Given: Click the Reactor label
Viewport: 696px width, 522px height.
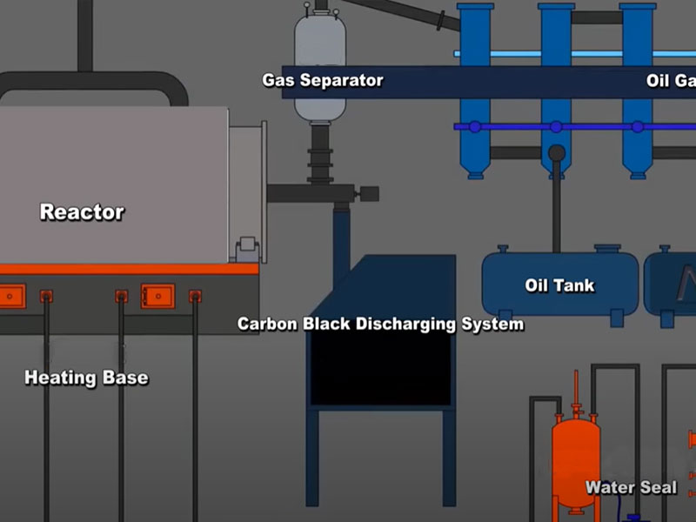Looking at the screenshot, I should [82, 211].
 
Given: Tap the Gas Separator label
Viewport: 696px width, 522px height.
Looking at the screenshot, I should [323, 81].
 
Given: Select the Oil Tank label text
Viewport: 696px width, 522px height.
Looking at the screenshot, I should [559, 284].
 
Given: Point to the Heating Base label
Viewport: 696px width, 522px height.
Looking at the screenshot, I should [86, 378].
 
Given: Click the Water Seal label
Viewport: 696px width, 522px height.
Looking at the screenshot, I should [631, 487].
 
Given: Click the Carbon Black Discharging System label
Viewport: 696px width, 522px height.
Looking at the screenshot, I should [381, 325].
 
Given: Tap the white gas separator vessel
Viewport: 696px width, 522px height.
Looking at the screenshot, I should [320, 52].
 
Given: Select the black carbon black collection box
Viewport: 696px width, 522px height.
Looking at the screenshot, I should [381, 365].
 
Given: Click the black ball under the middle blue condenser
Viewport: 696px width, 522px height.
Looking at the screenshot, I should [556, 154].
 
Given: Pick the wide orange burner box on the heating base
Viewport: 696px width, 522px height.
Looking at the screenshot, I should [157, 296].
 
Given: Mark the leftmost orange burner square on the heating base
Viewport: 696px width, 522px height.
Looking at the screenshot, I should [11, 296].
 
